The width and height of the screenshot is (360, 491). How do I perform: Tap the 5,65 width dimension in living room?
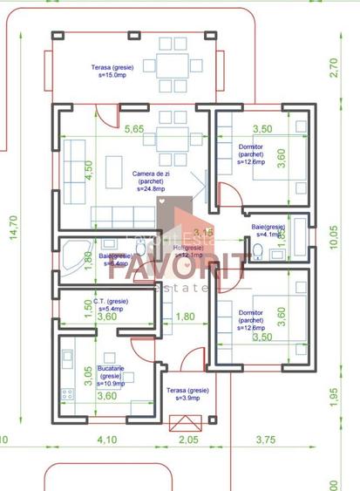(134, 129)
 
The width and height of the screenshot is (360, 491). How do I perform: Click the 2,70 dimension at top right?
(333, 69)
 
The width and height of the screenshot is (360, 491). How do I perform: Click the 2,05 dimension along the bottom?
(188, 440)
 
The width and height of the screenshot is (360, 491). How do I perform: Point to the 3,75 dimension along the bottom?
(264, 440)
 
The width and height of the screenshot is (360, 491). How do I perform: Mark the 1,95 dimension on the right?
(334, 396)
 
